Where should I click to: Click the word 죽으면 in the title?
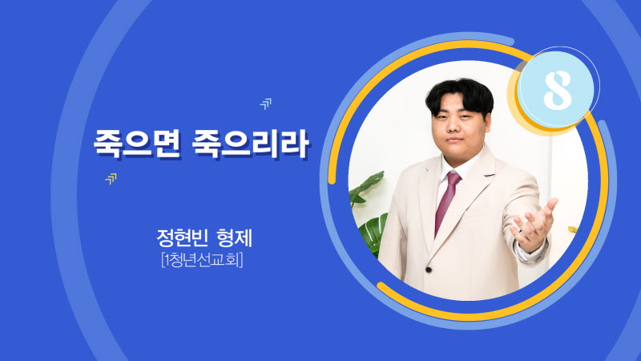click(137, 144)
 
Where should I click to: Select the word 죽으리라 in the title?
click(250, 144)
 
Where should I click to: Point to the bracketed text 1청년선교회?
click(203, 260)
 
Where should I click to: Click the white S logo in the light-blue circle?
click(557, 90)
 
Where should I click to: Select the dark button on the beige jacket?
click(429, 270)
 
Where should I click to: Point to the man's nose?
click(453, 126)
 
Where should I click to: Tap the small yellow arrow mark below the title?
click(111, 178)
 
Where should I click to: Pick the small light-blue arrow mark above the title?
click(266, 104)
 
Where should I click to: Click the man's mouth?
click(454, 140)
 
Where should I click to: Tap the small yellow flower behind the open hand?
click(573, 229)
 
